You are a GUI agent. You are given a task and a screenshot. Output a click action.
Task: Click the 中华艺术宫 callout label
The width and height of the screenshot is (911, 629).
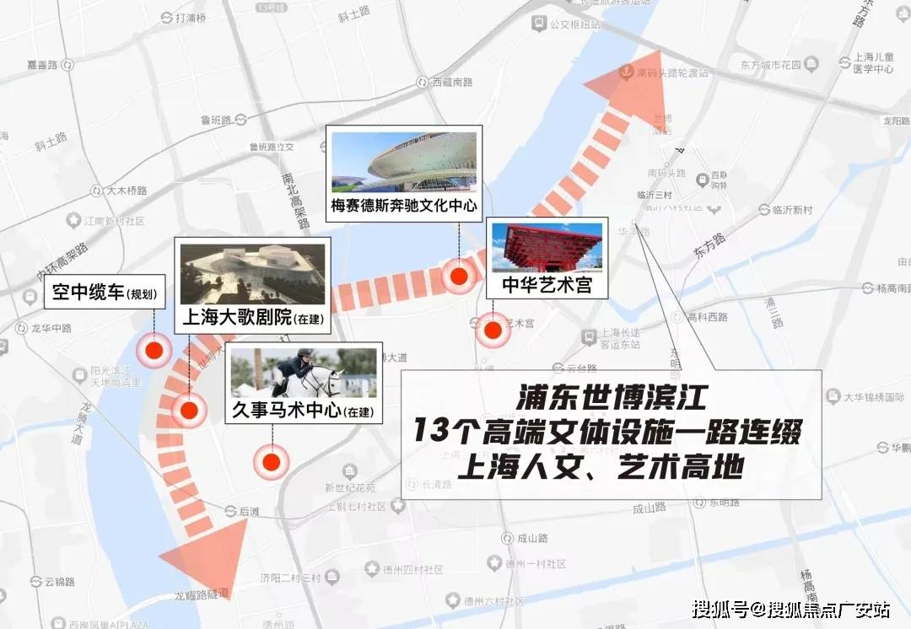click(x=546, y=285)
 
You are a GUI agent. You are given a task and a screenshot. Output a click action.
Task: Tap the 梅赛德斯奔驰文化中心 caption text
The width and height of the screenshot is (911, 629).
click(x=404, y=205)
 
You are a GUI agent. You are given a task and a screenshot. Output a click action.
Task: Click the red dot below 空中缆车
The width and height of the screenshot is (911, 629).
click(x=154, y=351)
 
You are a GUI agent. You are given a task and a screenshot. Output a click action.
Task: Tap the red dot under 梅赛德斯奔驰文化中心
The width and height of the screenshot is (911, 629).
click(x=459, y=276)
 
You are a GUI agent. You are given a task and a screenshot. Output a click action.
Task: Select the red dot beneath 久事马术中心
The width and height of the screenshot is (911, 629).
click(x=272, y=461)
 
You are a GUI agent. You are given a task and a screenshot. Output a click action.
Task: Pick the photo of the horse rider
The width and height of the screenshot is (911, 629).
click(x=303, y=373)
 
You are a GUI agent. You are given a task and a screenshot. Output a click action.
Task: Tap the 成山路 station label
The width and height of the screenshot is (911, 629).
click(x=533, y=538)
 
